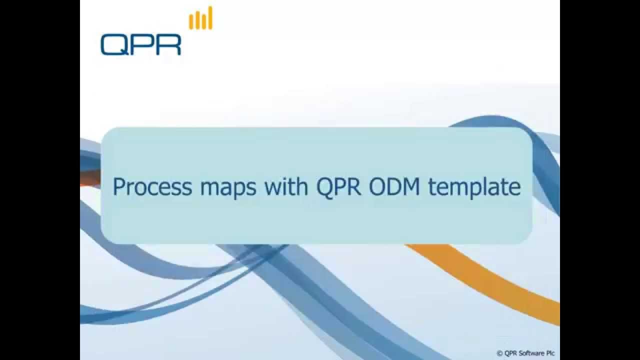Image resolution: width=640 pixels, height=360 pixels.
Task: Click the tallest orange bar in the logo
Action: pyautogui.click(x=210, y=18)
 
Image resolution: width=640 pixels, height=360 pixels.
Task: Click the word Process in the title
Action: pyautogui.click(x=152, y=187)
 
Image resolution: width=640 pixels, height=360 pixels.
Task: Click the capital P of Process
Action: pyautogui.click(x=118, y=187)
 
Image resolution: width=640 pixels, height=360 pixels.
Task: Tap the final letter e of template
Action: pyautogui.click(x=514, y=188)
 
